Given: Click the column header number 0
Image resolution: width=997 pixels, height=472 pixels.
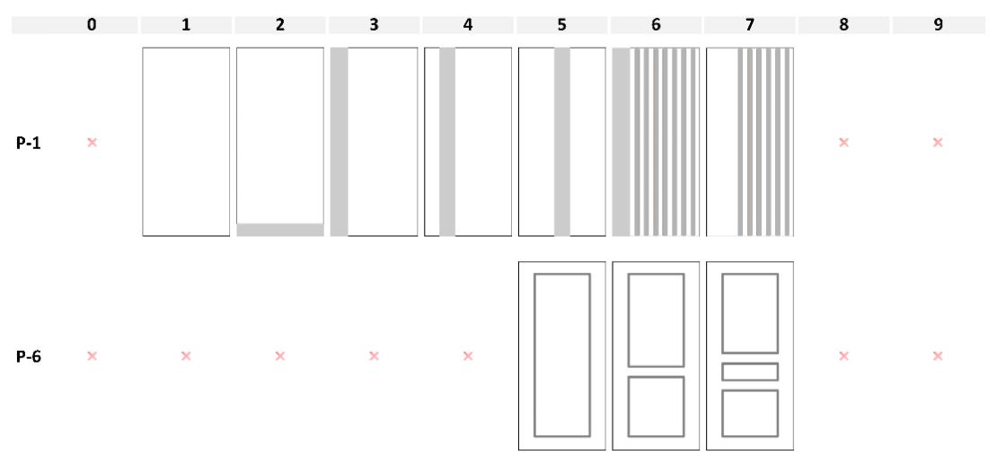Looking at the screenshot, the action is point(93,25).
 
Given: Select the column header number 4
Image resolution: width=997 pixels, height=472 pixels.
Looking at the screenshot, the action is point(468,25).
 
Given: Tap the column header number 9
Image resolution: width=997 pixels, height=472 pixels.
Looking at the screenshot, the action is point(938,25).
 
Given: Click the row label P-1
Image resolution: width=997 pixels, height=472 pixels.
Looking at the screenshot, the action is point(29,143).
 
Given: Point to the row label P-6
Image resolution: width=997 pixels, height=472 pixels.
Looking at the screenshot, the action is point(29,356).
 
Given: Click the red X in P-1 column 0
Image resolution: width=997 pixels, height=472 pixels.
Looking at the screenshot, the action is point(93,143).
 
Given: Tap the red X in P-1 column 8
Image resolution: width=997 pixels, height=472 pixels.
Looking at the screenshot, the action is point(843,143).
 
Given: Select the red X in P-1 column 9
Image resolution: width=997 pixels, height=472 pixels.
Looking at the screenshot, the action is point(938,143).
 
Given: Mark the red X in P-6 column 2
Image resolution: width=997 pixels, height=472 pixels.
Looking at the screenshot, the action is point(279,355).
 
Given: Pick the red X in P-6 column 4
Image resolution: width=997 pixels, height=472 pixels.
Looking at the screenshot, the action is point(468,355).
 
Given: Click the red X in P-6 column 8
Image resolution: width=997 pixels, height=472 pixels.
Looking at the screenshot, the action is point(843,355).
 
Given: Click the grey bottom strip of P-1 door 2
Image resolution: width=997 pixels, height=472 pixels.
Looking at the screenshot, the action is point(280,230).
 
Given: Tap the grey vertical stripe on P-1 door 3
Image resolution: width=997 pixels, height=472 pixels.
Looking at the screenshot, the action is point(340,142).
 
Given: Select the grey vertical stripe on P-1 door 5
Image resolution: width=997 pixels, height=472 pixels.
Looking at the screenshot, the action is point(562,142).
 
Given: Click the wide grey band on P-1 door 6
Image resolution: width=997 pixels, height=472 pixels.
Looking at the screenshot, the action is point(622,142).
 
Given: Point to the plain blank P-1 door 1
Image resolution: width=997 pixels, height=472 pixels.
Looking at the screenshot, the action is point(186,142).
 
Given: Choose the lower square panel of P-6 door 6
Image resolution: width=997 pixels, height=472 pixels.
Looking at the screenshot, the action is point(628,406).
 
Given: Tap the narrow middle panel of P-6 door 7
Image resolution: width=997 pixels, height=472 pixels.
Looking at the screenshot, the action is point(750,364).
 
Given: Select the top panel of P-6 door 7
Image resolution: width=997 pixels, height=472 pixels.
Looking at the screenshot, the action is point(722,313).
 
